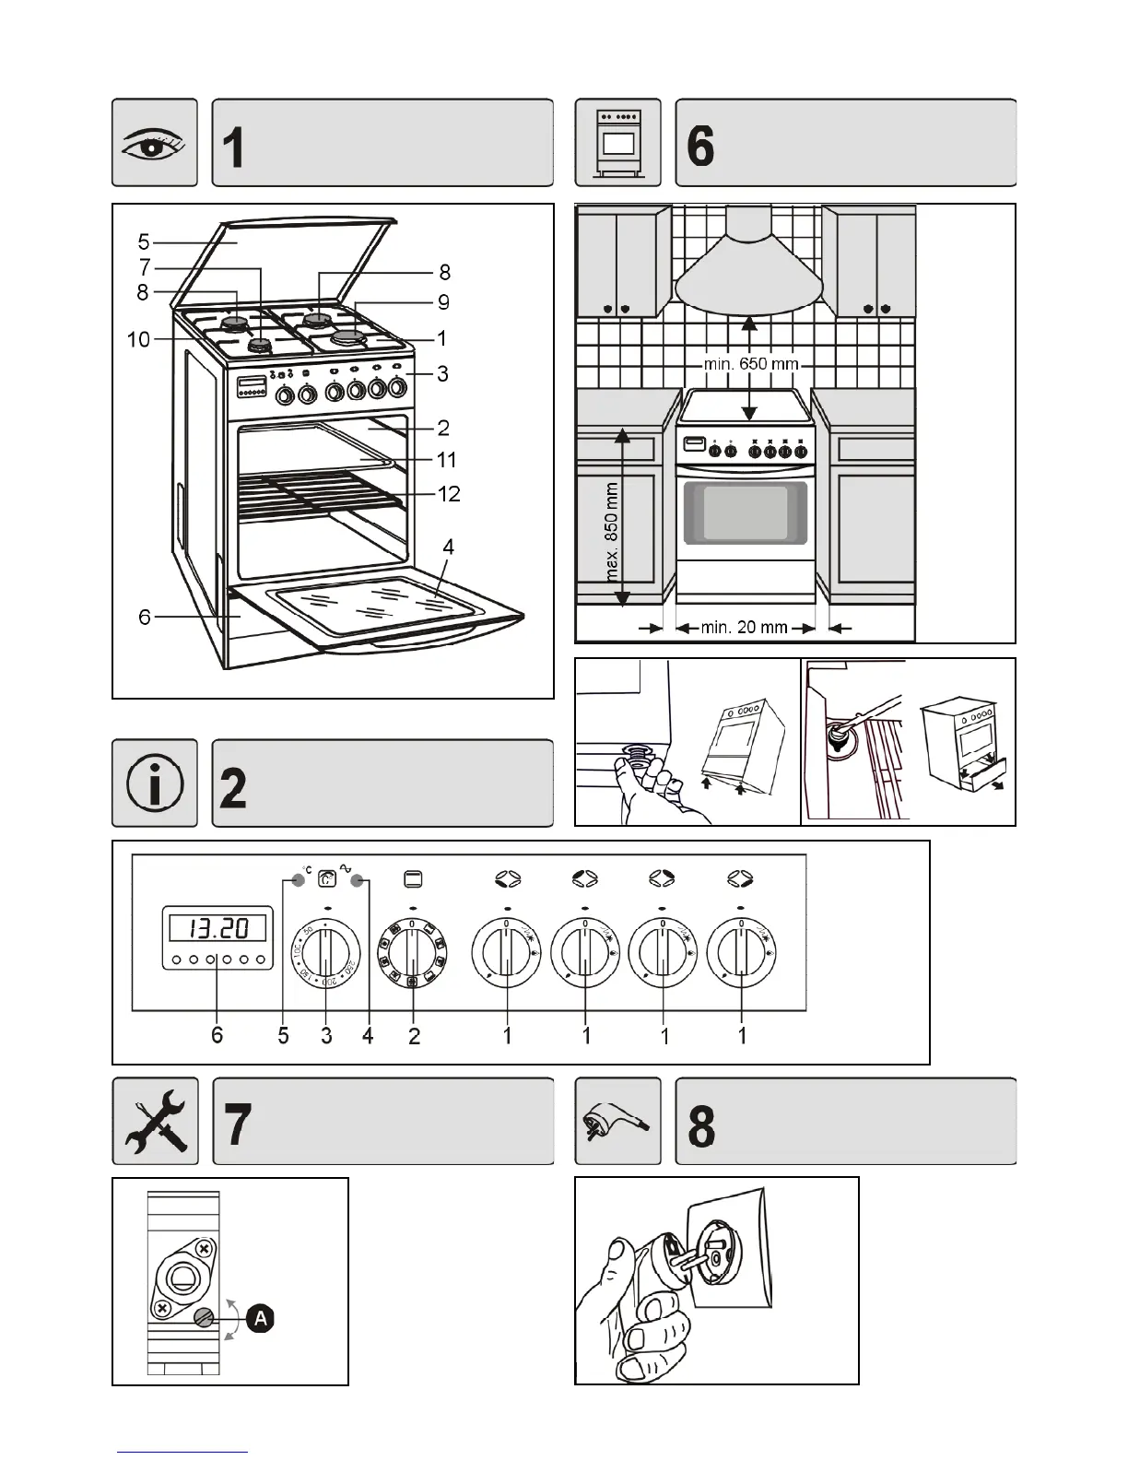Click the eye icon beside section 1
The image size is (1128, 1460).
click(155, 143)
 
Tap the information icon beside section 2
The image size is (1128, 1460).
click(155, 783)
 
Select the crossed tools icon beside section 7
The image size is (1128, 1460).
click(155, 1121)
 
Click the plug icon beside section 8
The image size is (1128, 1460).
click(617, 1122)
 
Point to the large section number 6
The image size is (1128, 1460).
click(701, 146)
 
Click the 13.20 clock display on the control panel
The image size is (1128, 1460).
click(217, 926)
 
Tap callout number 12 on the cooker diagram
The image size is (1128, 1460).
click(449, 494)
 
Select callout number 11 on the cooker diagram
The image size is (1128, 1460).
click(446, 459)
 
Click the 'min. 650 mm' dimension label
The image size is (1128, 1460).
click(751, 364)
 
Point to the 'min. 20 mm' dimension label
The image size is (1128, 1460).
click(745, 628)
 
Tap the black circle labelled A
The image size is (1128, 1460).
click(262, 1318)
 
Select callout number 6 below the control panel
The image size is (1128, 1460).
click(217, 1035)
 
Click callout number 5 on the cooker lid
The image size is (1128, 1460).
click(144, 241)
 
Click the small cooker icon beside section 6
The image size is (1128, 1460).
click(617, 143)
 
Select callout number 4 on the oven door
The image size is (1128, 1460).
click(448, 547)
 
